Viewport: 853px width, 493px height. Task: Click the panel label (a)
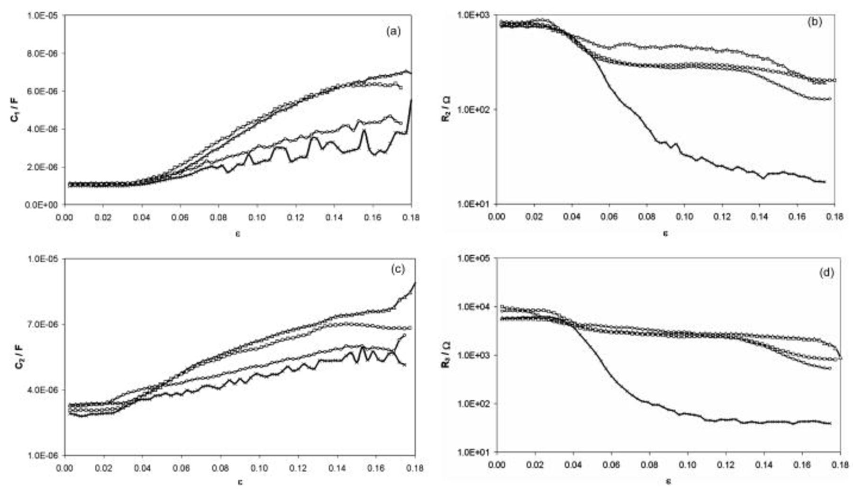click(393, 32)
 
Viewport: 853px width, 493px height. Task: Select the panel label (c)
click(397, 269)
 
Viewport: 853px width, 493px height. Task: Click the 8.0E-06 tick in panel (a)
click(43, 54)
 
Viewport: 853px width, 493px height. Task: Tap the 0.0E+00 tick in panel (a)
click(43, 205)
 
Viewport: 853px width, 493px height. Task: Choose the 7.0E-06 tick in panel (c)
click(43, 325)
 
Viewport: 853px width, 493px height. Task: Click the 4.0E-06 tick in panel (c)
click(43, 390)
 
